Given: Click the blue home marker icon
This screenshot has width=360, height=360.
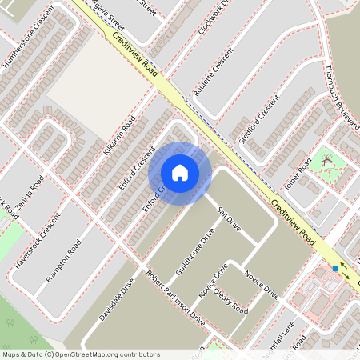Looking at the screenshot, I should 180,173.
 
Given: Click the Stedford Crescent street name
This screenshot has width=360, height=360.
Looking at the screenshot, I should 258,118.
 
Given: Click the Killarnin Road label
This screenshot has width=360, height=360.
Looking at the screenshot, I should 118,138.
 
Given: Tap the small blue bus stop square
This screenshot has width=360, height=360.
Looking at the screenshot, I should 335,269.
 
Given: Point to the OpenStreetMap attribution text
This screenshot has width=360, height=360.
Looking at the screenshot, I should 81,354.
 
